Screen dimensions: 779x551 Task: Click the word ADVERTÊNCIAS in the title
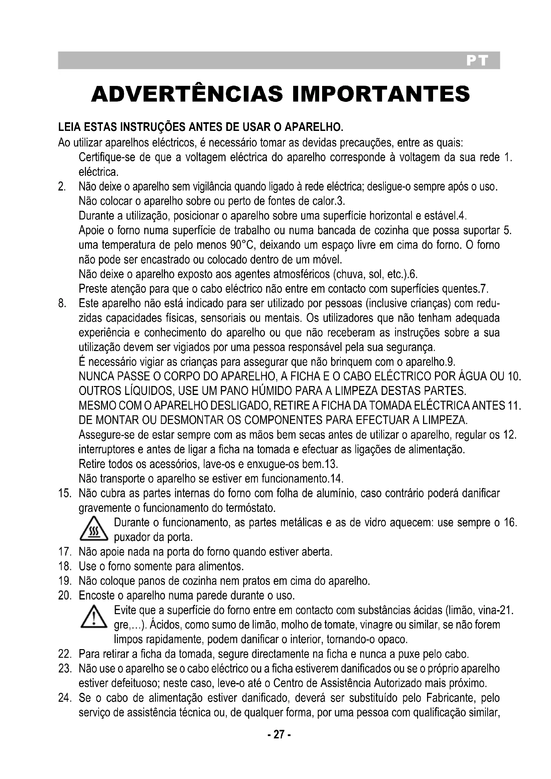[187, 94]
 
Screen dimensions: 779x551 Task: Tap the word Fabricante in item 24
[450, 698]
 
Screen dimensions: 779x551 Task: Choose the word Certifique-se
[107, 158]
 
